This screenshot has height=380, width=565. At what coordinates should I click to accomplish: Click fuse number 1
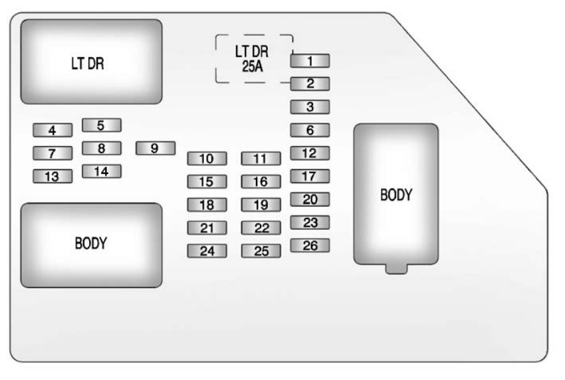[x=310, y=61]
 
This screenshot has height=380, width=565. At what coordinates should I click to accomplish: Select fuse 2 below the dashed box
[x=310, y=84]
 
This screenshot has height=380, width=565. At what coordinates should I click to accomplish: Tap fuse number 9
[x=155, y=148]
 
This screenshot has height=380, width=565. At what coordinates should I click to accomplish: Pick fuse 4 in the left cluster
[x=53, y=130]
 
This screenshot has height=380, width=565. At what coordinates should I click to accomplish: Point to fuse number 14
[x=102, y=171]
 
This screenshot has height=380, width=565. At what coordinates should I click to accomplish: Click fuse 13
[x=53, y=176]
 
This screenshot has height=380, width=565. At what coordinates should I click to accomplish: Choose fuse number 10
[x=207, y=159]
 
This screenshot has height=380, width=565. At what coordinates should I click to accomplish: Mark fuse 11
[x=261, y=159]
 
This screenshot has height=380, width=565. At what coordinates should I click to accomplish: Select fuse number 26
[x=310, y=246]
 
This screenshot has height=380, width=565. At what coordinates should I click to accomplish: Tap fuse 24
[x=207, y=251]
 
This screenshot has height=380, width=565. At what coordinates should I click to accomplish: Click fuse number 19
[x=261, y=205]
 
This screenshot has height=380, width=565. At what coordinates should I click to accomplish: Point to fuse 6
[x=310, y=130]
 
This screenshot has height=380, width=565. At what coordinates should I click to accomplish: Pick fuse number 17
[x=310, y=177]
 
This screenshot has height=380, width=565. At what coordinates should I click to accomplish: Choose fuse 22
[x=261, y=228]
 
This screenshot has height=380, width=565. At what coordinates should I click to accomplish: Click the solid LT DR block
[x=91, y=62]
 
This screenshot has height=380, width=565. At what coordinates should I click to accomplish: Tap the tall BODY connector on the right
[x=396, y=194]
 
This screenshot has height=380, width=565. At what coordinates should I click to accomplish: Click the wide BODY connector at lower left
[x=91, y=244]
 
